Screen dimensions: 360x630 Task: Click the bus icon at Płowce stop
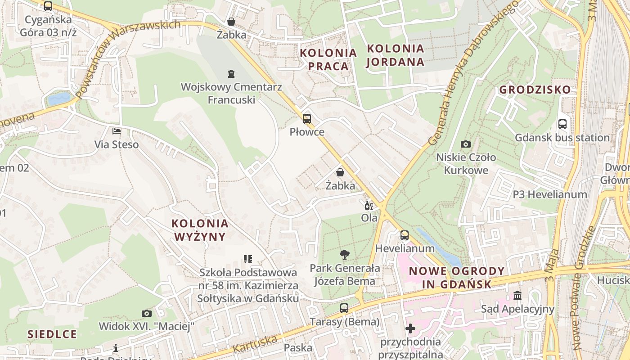click(x=306, y=119)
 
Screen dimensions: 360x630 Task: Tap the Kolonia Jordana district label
click(x=395, y=55)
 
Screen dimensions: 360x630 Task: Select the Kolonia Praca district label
click(x=328, y=59)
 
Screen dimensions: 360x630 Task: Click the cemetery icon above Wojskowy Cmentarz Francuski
click(x=231, y=73)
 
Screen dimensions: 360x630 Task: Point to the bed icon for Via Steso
click(x=117, y=131)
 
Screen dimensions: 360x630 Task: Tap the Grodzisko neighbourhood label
click(x=535, y=90)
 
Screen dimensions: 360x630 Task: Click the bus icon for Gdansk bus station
click(x=562, y=124)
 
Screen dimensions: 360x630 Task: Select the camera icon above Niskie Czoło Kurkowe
click(x=466, y=144)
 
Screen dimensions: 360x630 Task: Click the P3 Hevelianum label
click(x=550, y=194)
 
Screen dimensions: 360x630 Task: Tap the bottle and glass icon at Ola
click(x=369, y=205)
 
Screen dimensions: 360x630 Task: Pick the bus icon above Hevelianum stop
click(x=405, y=235)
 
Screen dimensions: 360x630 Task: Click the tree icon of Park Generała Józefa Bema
click(x=344, y=255)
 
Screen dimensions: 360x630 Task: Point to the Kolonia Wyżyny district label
click(x=199, y=229)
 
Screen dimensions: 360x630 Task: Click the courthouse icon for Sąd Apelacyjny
click(x=517, y=296)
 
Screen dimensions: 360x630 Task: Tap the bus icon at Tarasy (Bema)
click(x=344, y=308)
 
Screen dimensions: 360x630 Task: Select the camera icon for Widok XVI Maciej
click(x=146, y=313)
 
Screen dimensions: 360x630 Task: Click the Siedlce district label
click(x=52, y=334)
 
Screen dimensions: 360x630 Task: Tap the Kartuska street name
click(x=255, y=345)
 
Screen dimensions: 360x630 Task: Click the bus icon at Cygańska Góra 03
click(x=48, y=6)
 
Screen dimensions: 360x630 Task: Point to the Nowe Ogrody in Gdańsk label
click(x=457, y=278)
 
